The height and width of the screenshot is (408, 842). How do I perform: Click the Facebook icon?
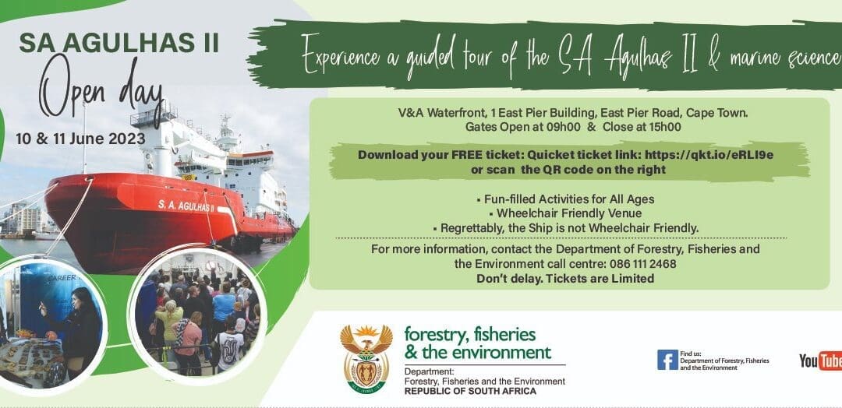667,360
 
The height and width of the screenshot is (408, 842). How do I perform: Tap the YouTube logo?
820,361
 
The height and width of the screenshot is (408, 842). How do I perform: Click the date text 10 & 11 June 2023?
80,139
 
